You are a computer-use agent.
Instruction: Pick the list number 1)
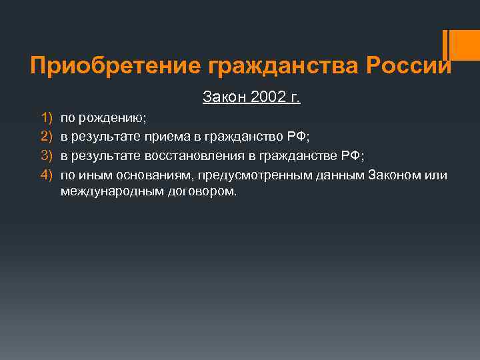point(46,118)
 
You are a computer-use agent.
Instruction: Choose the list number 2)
point(46,137)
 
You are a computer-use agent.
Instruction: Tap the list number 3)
point(46,155)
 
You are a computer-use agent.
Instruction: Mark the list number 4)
point(46,174)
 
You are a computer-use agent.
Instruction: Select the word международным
point(107,191)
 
